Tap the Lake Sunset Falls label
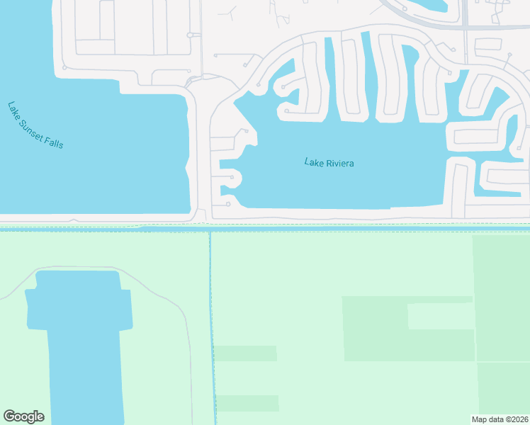[x=35, y=125]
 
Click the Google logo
[x=23, y=416]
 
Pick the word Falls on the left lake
[x=55, y=142]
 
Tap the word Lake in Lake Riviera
[x=314, y=162]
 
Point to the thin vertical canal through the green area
[x=211, y=319]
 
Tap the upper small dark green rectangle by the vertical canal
[x=244, y=353]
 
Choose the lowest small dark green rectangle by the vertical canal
[x=247, y=403]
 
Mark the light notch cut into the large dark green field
[x=440, y=316]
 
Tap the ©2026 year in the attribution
[x=515, y=419]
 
